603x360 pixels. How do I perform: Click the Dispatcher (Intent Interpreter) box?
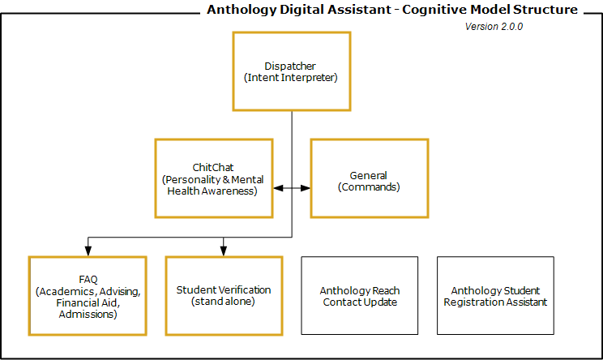[291, 71]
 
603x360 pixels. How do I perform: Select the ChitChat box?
[213, 178]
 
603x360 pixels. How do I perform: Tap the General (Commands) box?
[369, 178]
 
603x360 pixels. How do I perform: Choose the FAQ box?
[88, 296]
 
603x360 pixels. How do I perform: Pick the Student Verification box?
[223, 296]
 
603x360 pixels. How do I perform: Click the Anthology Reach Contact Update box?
[359, 296]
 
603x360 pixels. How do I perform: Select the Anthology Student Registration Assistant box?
[495, 296]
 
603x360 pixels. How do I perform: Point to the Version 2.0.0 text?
[494, 27]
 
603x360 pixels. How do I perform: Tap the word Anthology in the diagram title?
[237, 11]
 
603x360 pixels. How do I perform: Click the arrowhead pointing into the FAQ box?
[88, 252]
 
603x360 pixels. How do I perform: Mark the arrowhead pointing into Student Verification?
[224, 252]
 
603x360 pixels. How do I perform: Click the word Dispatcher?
[290, 66]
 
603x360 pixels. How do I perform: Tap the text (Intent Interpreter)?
[290, 78]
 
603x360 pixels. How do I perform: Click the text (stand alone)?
[223, 302]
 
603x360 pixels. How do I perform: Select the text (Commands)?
[369, 186]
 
